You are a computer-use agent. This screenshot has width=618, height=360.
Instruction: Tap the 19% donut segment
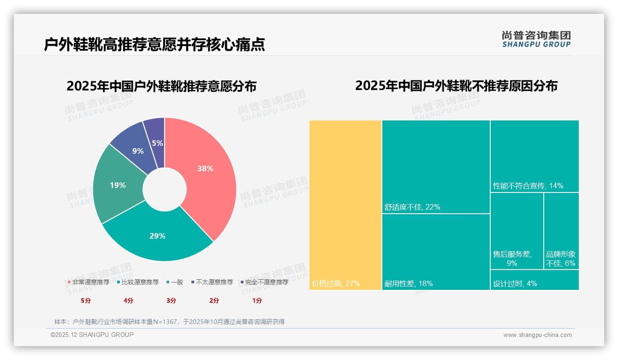click(x=118, y=186)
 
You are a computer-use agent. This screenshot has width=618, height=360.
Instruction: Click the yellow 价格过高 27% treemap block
click(x=345, y=203)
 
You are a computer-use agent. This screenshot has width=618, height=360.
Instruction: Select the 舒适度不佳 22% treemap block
click(x=436, y=166)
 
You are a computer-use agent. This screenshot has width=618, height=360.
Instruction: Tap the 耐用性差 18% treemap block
click(x=436, y=252)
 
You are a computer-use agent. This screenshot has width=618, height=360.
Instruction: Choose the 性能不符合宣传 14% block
click(x=534, y=156)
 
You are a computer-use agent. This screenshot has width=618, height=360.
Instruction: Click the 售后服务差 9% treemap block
click(x=517, y=231)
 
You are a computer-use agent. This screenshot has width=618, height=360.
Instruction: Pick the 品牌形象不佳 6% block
click(x=561, y=231)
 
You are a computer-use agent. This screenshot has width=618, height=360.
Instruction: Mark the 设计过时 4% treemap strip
click(x=534, y=280)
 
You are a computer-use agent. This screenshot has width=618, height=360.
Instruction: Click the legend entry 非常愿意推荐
click(x=88, y=282)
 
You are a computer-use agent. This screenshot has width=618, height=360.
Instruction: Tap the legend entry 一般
click(x=174, y=282)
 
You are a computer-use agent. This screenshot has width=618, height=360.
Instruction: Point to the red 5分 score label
click(x=86, y=300)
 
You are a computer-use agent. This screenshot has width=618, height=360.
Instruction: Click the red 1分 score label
click(x=257, y=300)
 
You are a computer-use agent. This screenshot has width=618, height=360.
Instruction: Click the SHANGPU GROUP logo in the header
click(x=536, y=40)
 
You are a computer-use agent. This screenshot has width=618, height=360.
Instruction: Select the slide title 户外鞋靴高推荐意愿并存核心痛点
click(x=154, y=44)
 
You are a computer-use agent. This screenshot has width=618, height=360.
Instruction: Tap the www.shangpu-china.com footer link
click(x=537, y=335)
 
